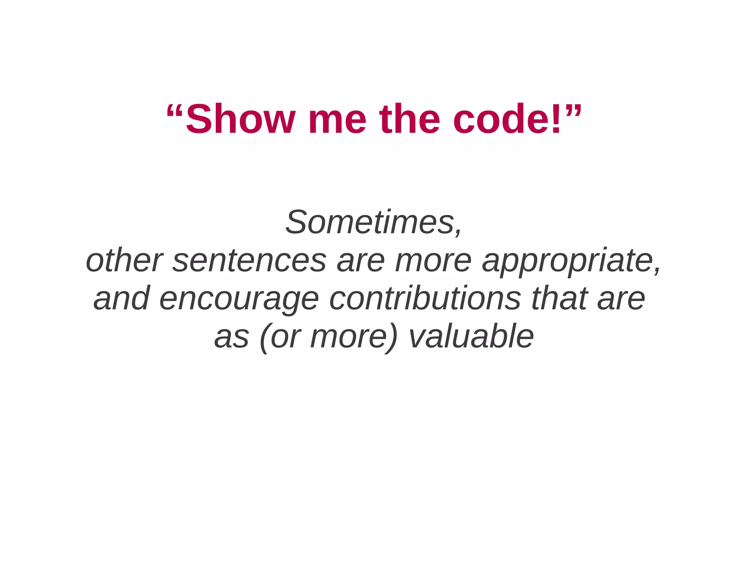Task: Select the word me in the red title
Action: coord(337,119)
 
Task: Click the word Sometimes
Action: coord(369,222)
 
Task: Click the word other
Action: coord(124,260)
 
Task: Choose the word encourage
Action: coord(239,299)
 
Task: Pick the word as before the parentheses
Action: coord(232,337)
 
